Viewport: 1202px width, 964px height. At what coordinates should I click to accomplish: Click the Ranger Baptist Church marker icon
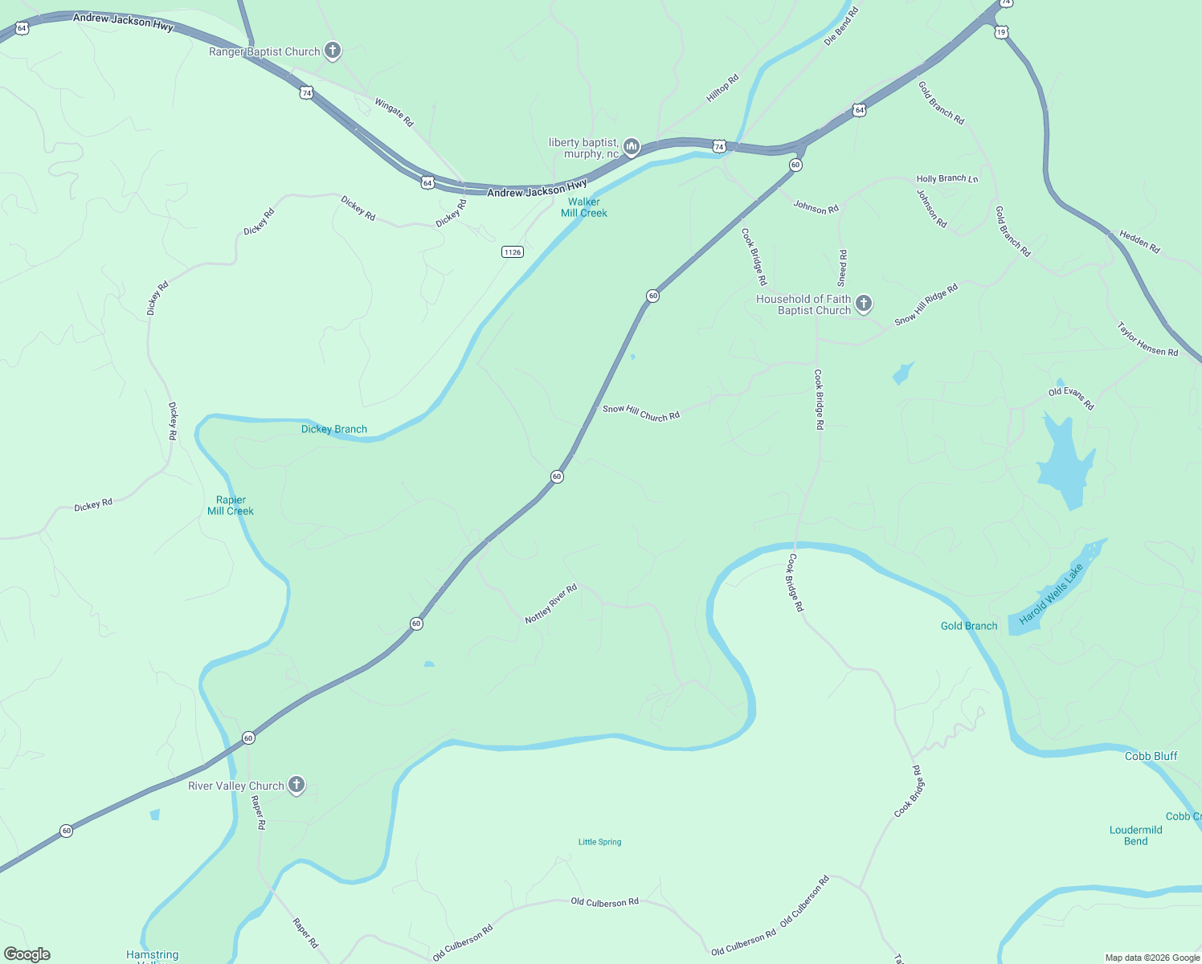pos(332,51)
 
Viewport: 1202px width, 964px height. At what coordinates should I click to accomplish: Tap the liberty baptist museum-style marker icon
pos(631,146)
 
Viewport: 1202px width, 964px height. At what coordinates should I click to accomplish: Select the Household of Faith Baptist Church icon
pos(864,303)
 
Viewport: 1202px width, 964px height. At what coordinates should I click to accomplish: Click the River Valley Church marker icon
pos(296,785)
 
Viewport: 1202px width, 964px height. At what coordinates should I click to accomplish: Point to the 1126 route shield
pos(513,252)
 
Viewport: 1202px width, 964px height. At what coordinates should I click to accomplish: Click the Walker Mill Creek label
pos(584,207)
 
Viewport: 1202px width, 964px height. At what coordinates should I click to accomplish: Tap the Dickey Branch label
pos(334,429)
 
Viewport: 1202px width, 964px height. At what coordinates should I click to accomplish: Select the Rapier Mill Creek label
pos(231,505)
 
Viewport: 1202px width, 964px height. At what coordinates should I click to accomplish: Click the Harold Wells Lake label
pos(1051,594)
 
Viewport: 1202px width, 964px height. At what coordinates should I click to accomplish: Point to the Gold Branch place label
pos(969,626)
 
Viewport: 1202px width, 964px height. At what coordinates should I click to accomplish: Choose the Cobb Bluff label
pos(1151,756)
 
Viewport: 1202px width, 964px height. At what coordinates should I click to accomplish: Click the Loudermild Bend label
pos(1136,835)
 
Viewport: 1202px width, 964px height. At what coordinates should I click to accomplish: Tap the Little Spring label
pos(600,842)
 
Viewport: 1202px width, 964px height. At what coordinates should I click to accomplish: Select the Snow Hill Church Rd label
pos(641,413)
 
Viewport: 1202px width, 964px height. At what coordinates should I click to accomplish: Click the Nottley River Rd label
pos(551,604)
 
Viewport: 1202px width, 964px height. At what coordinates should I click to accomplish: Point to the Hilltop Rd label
pos(722,88)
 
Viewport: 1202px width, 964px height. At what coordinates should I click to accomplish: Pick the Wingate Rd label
pos(394,112)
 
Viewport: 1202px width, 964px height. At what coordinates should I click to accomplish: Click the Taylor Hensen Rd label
pos(1147,339)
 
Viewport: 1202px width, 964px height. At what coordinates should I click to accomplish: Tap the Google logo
pos(27,954)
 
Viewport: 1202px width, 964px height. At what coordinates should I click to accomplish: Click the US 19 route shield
pos(1000,32)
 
